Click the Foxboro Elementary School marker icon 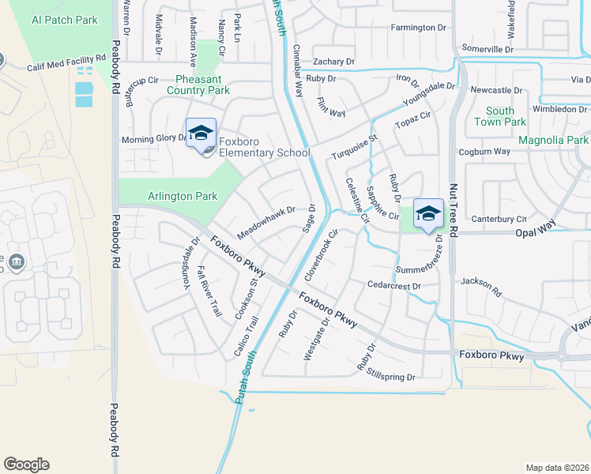coord(201,134)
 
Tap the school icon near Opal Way coord(428,214)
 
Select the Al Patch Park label coord(66,19)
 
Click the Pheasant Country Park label coord(198,85)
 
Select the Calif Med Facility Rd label coord(66,62)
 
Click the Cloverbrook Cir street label coord(322,255)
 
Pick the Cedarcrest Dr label coord(392,284)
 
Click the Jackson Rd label coord(481,287)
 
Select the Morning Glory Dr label coord(153,139)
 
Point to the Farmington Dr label coord(419,28)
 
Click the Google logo coord(26,465)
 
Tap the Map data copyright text coord(557,468)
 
